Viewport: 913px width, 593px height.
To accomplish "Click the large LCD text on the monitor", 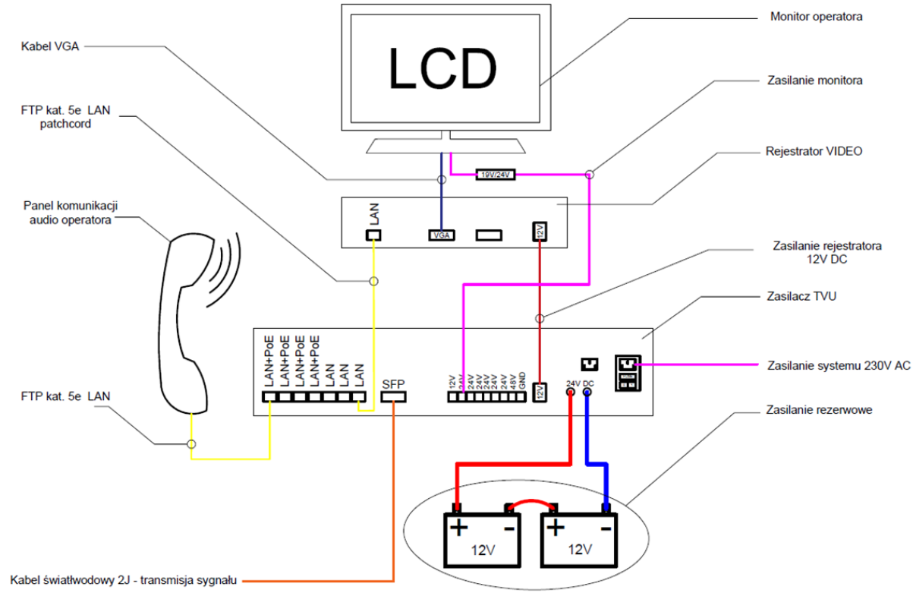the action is [x=442, y=68].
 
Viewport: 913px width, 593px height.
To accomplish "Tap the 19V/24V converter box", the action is [x=496, y=175].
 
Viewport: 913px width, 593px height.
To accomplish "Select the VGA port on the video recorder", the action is [x=442, y=235].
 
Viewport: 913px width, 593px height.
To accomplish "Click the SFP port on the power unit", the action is [x=393, y=397].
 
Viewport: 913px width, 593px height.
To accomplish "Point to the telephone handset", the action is [x=184, y=322].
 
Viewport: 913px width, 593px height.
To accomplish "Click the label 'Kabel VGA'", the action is [x=50, y=46].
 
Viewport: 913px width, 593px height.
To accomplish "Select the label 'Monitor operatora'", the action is [x=816, y=17].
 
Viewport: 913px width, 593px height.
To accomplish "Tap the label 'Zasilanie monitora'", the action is [x=815, y=80].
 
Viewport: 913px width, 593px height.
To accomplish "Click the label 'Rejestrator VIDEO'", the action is [x=814, y=151].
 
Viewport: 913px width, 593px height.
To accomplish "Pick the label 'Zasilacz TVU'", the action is [x=801, y=296].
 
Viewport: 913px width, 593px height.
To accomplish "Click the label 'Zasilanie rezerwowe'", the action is [x=819, y=409].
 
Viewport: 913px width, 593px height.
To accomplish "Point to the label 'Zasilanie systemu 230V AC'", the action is [x=839, y=365].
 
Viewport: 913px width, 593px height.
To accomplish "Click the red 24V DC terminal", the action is [x=571, y=392].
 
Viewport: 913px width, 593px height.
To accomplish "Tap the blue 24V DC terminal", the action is [x=587, y=392].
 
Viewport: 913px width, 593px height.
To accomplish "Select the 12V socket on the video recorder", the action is [x=540, y=232].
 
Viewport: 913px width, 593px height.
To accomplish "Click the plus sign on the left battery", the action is [x=459, y=528].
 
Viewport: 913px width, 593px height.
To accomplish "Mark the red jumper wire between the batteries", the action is [x=530, y=502].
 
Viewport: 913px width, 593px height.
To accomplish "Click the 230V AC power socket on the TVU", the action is [x=628, y=373].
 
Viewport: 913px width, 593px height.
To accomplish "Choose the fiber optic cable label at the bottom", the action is [x=123, y=580].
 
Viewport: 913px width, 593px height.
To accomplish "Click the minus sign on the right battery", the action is [x=606, y=528].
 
